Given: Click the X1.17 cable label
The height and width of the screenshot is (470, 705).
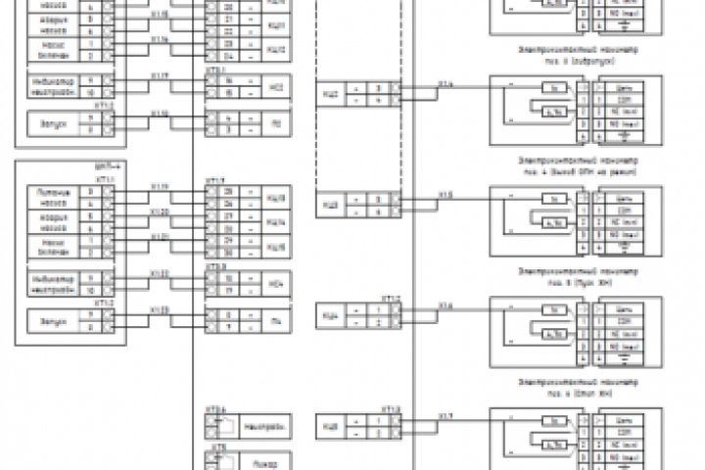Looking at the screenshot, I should (x=160, y=75).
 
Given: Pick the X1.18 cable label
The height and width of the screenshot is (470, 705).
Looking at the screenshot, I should (x=160, y=114).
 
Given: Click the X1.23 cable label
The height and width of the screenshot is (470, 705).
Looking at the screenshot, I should (x=160, y=310).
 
